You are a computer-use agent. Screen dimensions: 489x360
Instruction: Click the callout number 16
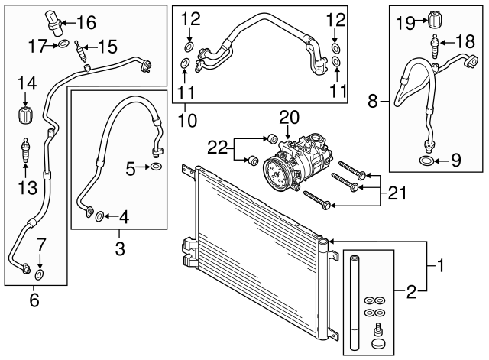coord(86,22)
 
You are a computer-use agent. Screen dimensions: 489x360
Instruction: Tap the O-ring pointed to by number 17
coord(63,44)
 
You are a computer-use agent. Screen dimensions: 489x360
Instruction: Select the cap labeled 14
coord(25,115)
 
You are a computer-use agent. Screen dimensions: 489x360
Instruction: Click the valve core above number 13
coord(25,150)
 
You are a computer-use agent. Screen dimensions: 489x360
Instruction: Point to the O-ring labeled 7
coord(39,274)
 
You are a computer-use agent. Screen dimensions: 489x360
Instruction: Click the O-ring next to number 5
coord(156,167)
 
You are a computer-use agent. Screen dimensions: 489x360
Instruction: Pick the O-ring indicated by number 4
coord(100,216)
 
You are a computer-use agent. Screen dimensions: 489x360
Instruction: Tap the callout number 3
coord(120,248)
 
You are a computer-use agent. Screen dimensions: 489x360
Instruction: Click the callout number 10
coord(187,120)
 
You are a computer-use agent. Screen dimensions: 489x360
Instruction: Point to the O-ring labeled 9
coord(426,161)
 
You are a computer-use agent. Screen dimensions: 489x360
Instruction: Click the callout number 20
coord(289,118)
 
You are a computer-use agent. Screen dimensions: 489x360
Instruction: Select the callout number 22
coord(217,148)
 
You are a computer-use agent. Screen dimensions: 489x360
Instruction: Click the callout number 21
coord(397,193)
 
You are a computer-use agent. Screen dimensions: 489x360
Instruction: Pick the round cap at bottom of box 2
coord(378,343)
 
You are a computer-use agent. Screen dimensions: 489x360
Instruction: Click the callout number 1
coord(440,265)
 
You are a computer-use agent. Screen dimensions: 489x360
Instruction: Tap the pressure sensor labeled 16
coord(54,22)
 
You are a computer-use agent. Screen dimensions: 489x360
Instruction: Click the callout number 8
coord(372,101)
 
